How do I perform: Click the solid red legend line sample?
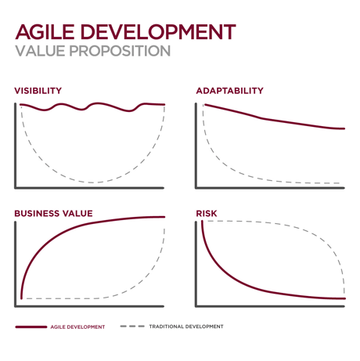point(31,327)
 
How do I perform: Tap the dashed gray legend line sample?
point(132,327)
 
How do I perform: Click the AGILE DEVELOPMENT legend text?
point(77,327)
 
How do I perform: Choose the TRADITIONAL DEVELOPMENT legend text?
point(186,327)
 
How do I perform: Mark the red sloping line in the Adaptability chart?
point(266,119)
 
